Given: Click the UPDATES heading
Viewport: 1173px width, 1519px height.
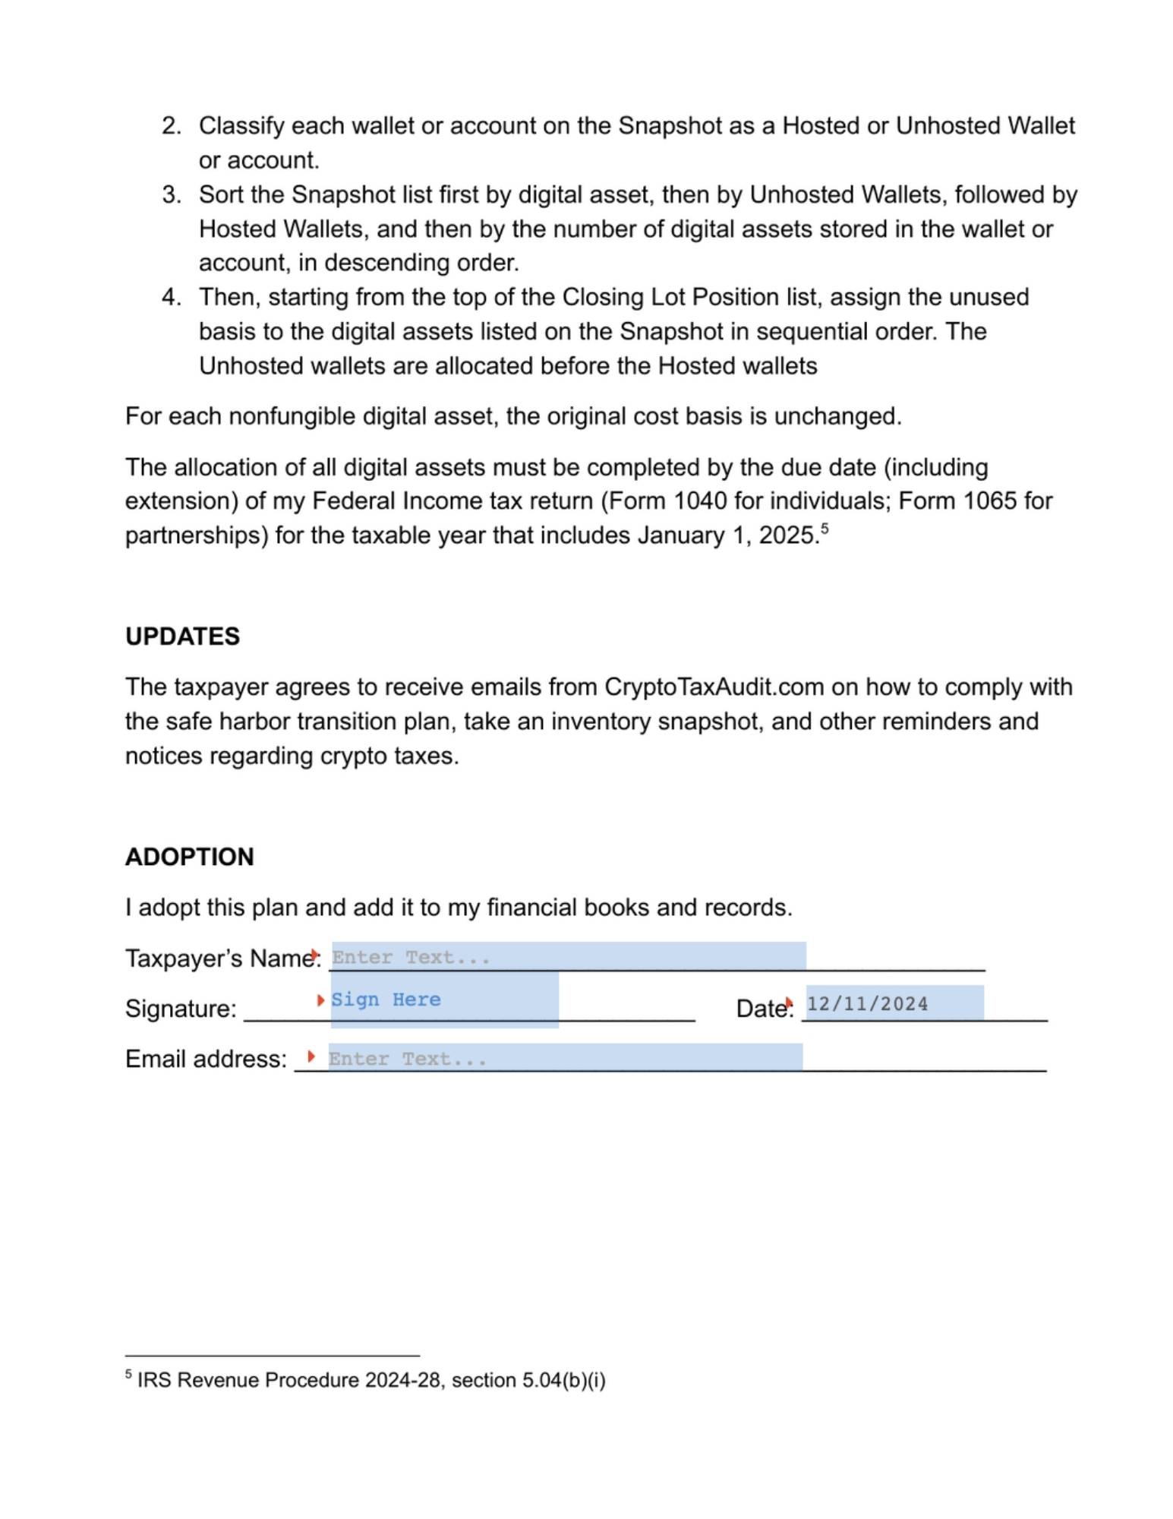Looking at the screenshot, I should click(x=182, y=636).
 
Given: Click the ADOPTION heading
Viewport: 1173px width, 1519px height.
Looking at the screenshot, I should click(x=189, y=857).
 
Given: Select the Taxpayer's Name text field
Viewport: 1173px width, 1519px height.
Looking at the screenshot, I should click(x=568, y=956).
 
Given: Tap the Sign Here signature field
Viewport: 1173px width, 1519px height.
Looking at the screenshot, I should click(x=444, y=1000).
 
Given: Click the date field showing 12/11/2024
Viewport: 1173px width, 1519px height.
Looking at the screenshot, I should click(x=894, y=1003).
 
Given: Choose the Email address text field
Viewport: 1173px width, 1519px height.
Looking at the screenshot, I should click(x=565, y=1057).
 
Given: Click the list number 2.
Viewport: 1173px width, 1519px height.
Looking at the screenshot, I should click(x=171, y=126).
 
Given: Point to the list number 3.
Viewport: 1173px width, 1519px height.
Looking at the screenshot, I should click(x=171, y=195).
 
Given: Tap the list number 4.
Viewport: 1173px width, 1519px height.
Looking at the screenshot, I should click(x=171, y=297).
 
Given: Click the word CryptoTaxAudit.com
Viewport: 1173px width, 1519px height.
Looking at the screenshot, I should click(x=714, y=687).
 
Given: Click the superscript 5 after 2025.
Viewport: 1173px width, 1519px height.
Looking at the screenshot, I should click(x=825, y=529).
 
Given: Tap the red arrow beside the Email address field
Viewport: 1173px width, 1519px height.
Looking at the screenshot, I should click(x=311, y=1056).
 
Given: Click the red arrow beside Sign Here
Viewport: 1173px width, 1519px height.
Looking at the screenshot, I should click(x=320, y=1000).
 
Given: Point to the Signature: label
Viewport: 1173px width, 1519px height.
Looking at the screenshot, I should click(x=181, y=1009).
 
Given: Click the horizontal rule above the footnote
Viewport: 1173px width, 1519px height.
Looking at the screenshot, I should click(x=272, y=1355).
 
